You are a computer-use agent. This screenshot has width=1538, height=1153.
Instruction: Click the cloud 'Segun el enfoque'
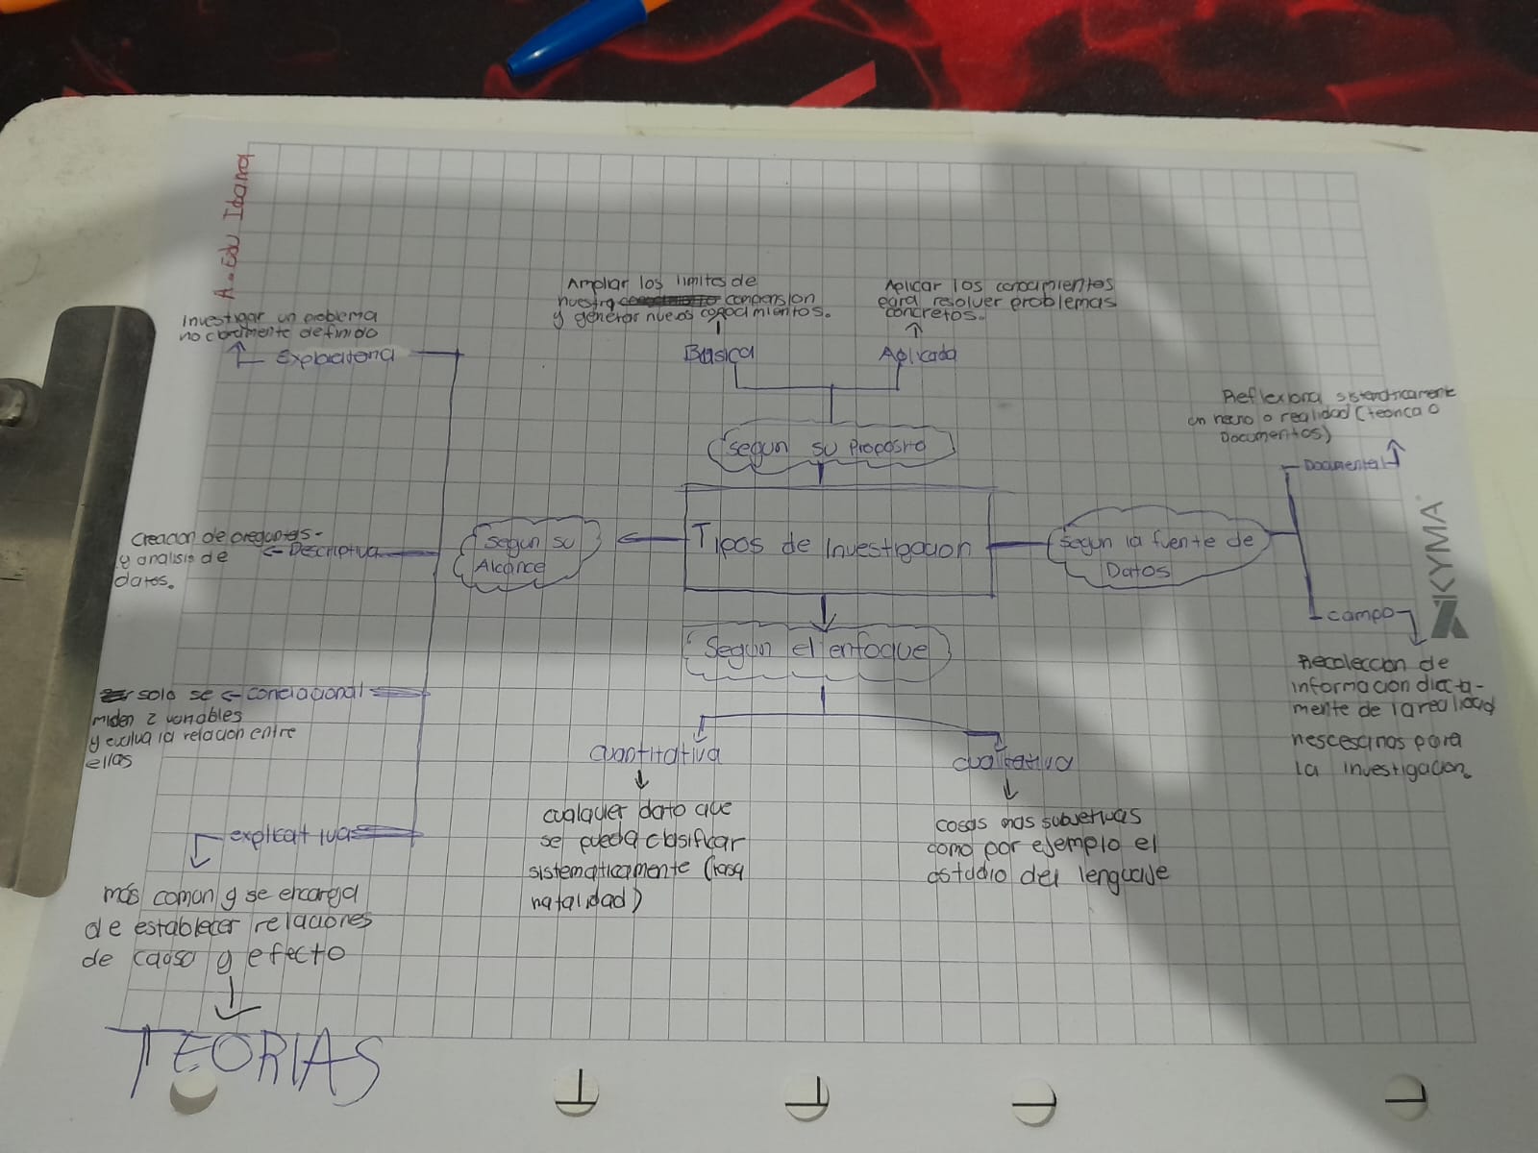pos(817,650)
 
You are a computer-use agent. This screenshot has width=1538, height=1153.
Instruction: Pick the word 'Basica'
pos(718,354)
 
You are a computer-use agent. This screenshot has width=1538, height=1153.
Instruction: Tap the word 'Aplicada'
pos(918,355)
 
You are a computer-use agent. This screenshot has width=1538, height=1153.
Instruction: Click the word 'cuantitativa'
pos(657,754)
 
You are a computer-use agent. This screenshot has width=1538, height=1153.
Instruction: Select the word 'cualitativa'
pos(1012,762)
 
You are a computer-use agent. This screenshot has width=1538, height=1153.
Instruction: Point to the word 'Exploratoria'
pos(335,357)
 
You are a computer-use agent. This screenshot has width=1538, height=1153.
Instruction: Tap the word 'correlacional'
pos(306,692)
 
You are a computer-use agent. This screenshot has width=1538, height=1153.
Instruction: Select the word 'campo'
pos(1360,614)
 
